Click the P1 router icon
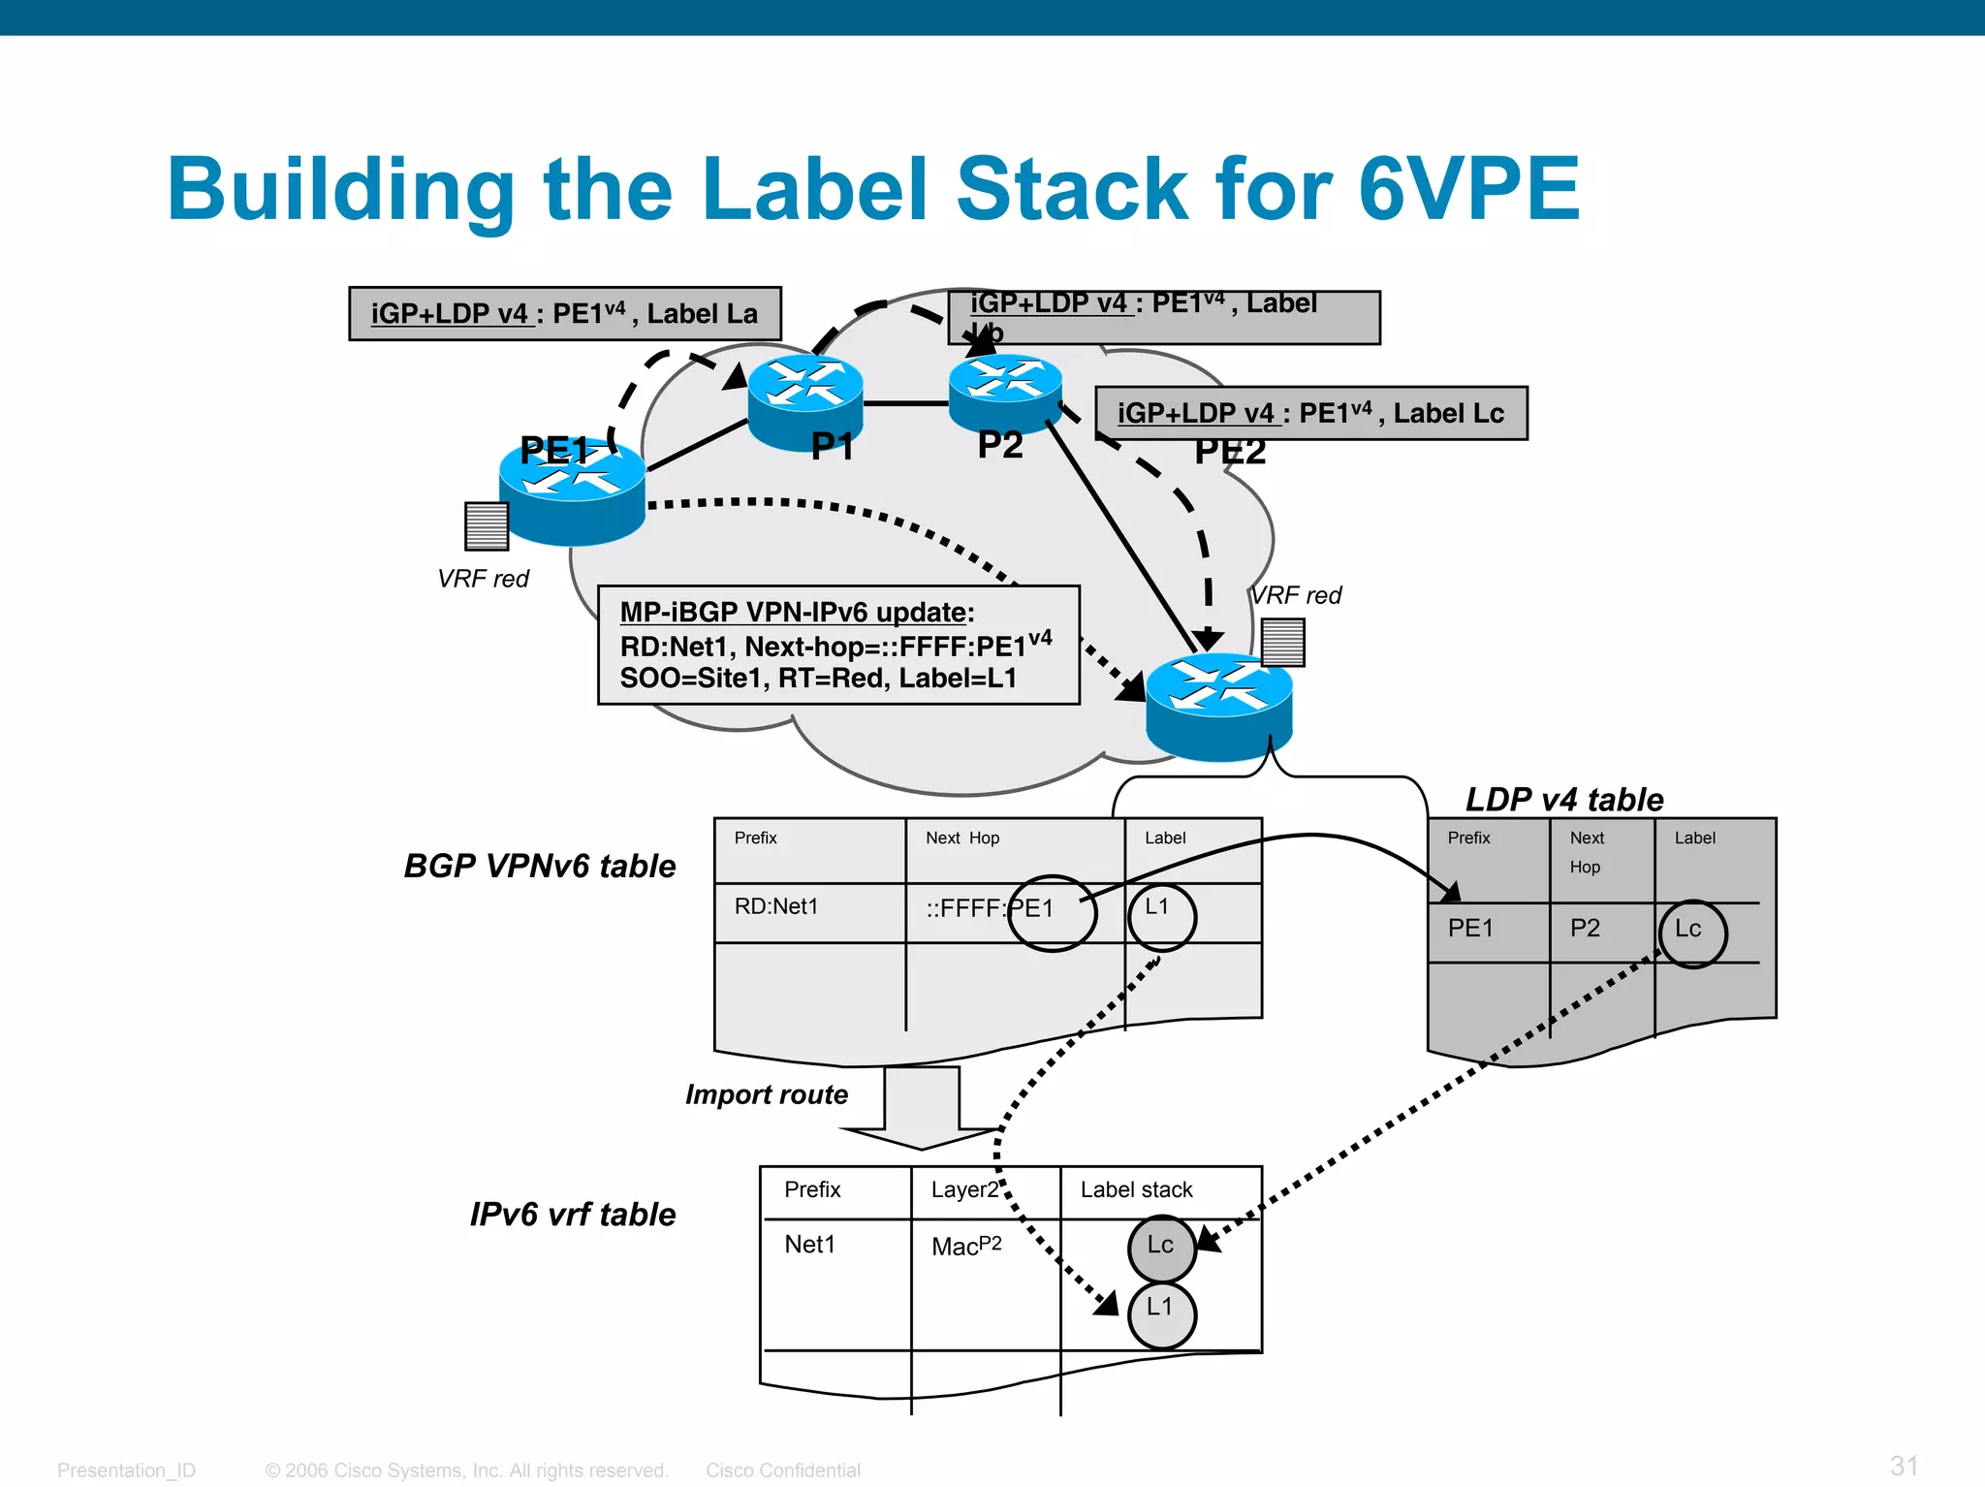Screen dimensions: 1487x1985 coord(804,399)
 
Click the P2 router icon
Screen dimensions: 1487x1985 coord(1005,390)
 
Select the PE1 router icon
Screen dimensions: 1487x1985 coord(572,490)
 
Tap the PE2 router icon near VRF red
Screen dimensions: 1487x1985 coord(1218,706)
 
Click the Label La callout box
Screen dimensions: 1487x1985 coord(564,314)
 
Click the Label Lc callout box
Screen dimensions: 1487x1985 coord(1310,414)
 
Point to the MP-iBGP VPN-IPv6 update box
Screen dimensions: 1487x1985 coord(837,645)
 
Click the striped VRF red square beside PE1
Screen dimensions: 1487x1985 coord(487,525)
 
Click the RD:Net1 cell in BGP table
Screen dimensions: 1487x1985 coord(775,907)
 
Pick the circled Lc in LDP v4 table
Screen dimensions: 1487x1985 coord(1691,932)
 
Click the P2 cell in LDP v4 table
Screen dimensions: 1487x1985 coord(1585,929)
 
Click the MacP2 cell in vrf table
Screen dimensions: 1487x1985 coord(965,1247)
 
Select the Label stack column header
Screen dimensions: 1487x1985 coord(1136,1190)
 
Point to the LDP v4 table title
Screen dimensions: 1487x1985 coord(1563,800)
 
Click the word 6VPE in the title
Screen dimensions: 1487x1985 coord(1468,190)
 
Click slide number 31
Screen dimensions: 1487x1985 coord(1903,1465)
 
